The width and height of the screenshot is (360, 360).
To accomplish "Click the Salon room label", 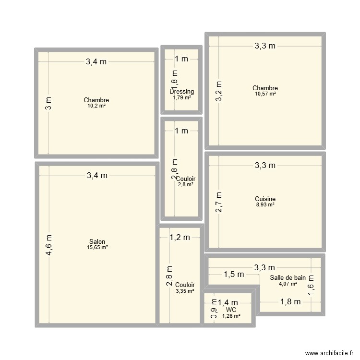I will (97, 241).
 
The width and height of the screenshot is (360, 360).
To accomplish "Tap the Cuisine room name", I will (265, 199).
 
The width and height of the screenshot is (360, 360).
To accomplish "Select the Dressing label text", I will (182, 92).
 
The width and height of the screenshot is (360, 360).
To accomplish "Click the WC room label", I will (231, 310).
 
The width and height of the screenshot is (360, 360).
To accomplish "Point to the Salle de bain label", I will (288, 277).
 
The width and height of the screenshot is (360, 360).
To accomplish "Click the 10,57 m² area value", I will (265, 94).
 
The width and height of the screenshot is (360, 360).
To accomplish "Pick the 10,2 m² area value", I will (96, 106).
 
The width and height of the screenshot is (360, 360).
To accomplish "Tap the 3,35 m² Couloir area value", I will (185, 291).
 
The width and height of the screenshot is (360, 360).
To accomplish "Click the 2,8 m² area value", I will (185, 184).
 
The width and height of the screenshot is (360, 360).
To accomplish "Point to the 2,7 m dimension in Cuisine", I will (218, 202).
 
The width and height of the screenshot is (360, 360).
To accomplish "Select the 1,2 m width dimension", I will (180, 237).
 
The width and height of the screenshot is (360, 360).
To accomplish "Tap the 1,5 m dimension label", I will (234, 275).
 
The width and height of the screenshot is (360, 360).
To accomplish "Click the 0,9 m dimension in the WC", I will (214, 312).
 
